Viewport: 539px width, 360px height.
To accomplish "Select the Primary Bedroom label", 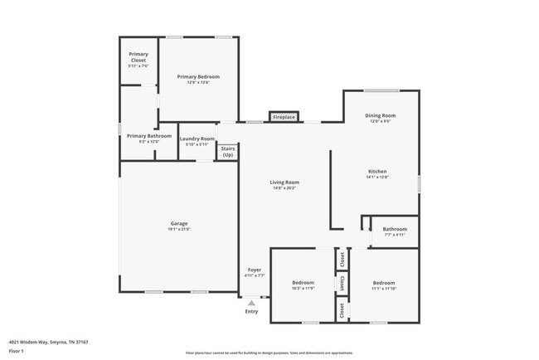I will coord(198,76).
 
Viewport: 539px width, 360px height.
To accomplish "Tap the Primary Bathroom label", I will coord(149,136).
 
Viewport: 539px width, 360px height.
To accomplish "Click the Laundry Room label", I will coord(197,139).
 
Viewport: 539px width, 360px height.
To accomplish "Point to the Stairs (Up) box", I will coord(227,152).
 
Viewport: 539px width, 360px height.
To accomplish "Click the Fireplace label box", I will coord(284,118).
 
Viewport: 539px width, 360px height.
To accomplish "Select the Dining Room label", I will coord(381,115).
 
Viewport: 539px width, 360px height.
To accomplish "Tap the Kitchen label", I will coord(377,172).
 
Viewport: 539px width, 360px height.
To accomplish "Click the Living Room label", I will coord(284,182).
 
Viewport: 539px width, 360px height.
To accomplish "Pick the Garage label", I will coord(179,223).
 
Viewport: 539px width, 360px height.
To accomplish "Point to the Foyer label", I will coord(255,270).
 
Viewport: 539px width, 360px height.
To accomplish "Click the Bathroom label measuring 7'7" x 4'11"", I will coord(395,229).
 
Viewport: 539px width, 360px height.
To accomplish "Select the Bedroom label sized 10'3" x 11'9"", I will coord(303,283).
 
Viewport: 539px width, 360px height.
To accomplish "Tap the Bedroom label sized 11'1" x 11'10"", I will coord(383,283).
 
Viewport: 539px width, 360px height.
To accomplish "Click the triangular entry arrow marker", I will coord(251,303).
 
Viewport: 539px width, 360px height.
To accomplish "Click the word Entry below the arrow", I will coord(251,312).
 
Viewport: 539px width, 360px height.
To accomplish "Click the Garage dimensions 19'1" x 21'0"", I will coord(179,229).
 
